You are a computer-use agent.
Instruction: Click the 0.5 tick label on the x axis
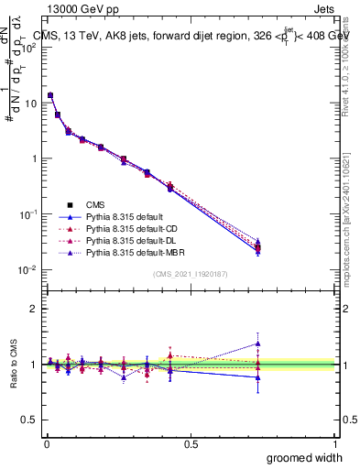(x=191, y=443)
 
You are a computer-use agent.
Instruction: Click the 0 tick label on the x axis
(x=46, y=443)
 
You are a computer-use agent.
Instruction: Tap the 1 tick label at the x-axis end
(x=334, y=443)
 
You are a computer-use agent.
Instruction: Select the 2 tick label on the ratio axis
(x=33, y=309)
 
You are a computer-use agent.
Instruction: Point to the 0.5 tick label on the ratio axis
(x=28, y=420)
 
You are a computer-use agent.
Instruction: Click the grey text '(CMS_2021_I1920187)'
(x=191, y=274)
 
